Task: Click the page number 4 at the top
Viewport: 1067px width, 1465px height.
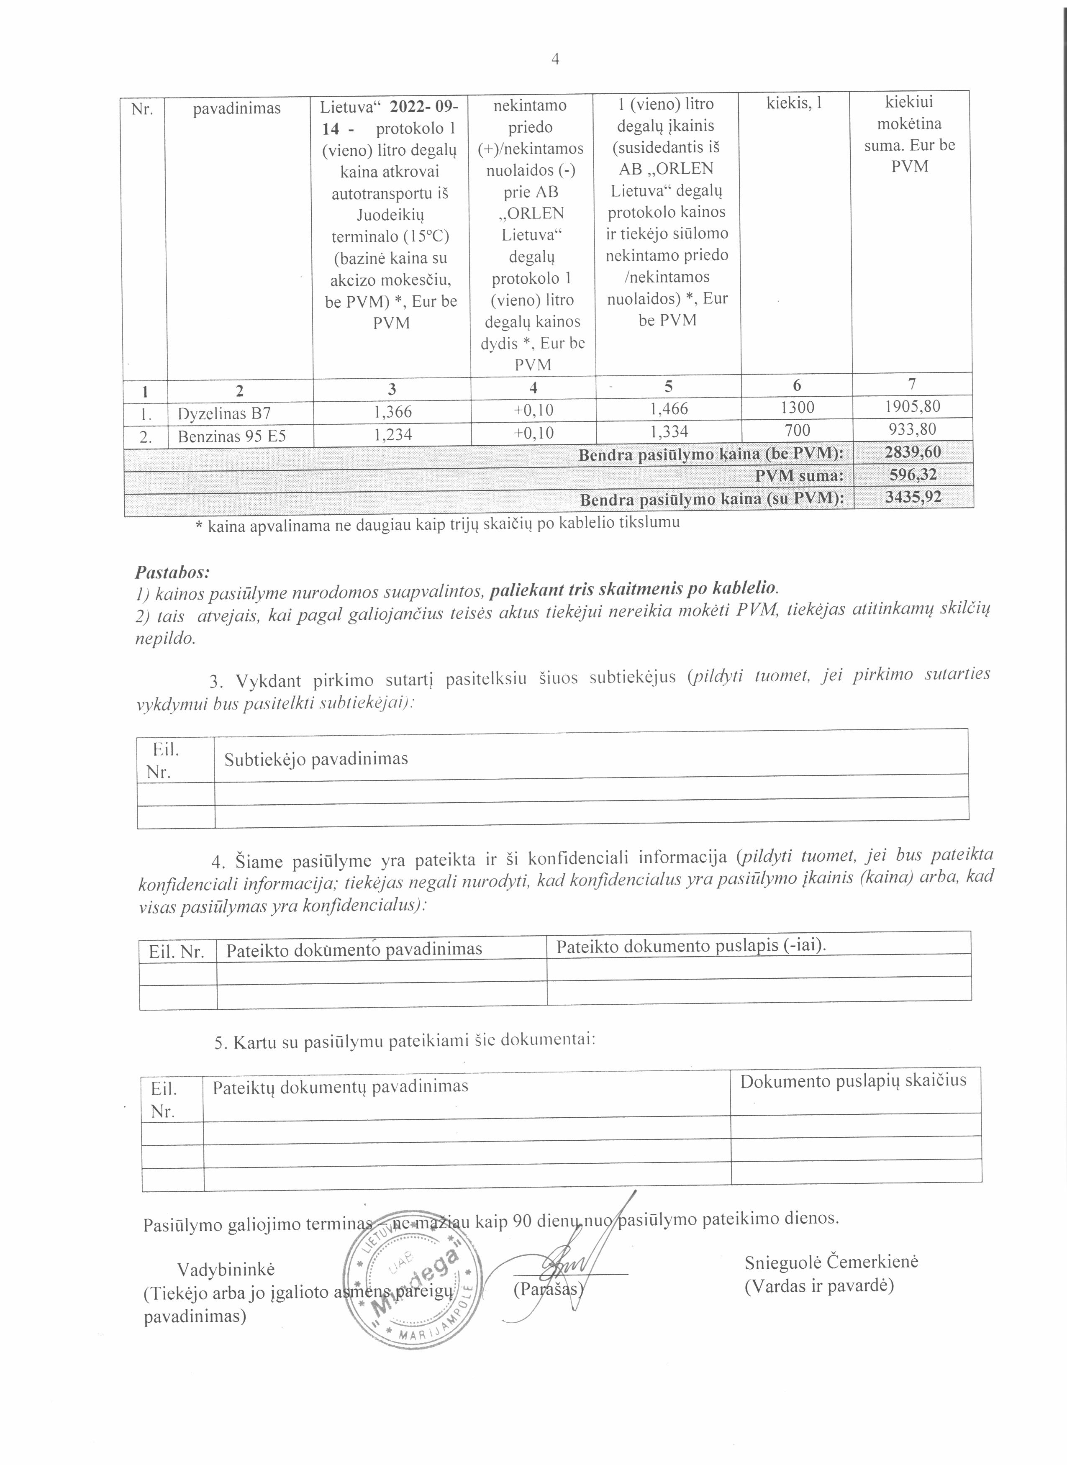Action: coord(555,59)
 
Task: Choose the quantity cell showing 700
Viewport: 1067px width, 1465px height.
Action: coord(798,430)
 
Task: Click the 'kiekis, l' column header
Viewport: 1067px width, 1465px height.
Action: coord(795,103)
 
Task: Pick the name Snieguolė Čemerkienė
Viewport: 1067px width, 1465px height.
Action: coord(831,1262)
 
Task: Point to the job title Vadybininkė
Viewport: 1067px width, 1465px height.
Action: coord(226,1269)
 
